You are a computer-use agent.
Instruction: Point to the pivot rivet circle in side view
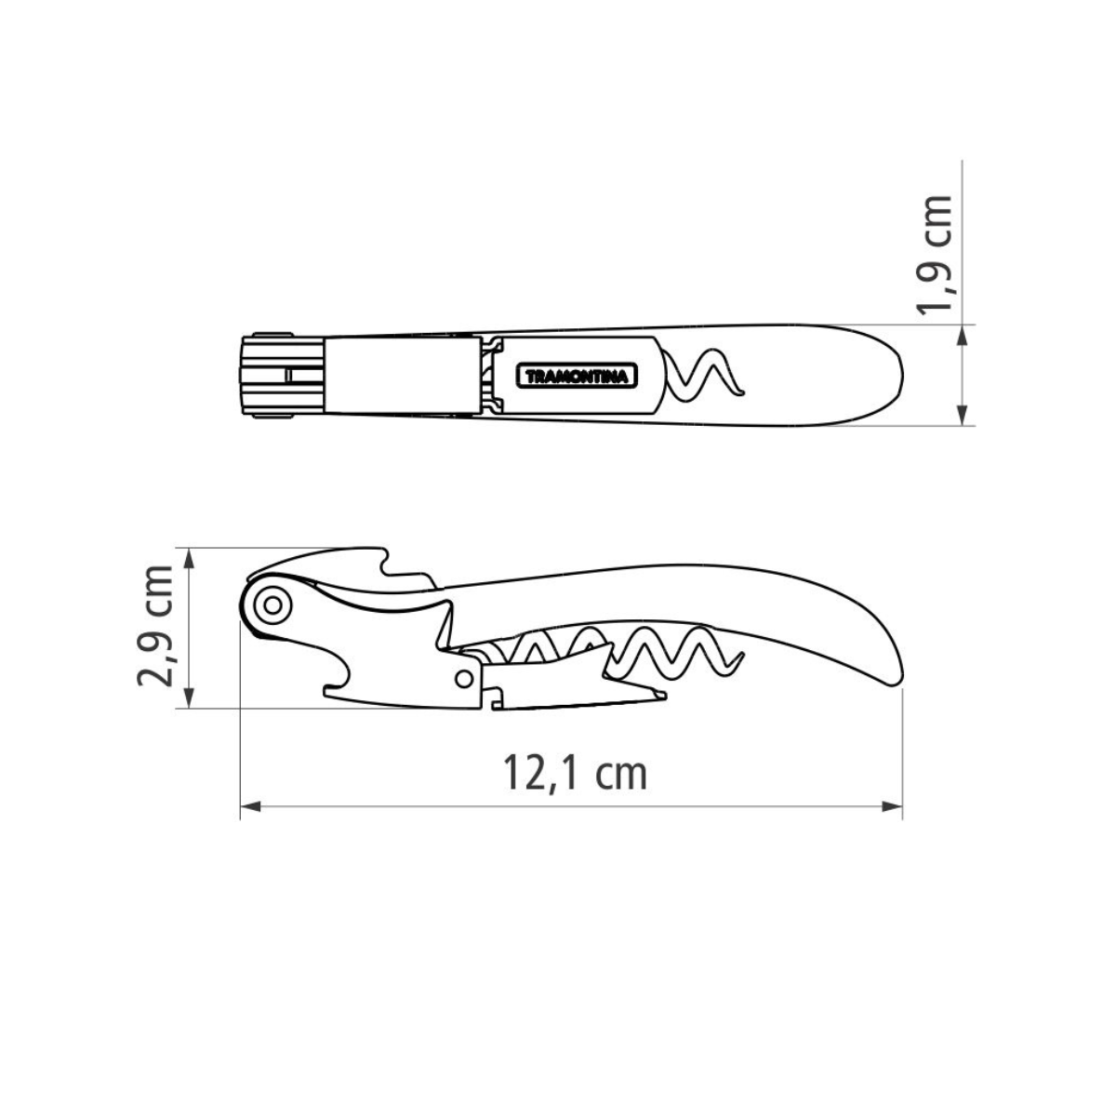pyautogui.click(x=272, y=605)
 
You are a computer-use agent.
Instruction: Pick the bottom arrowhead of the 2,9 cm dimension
pyautogui.click(x=189, y=703)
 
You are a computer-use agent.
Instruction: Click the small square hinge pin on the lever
pyautogui.click(x=464, y=676)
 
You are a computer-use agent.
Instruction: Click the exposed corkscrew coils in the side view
pyautogui.click(x=670, y=651)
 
